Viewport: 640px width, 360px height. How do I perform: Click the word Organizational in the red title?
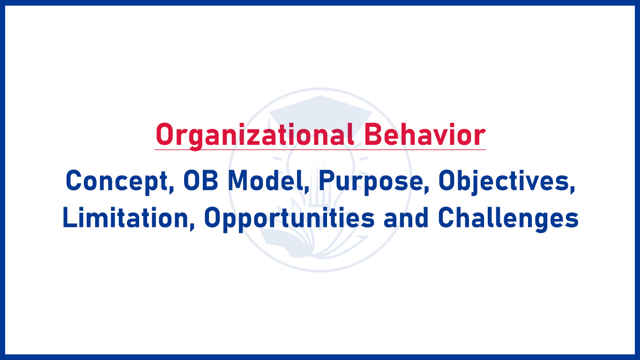pos(253,135)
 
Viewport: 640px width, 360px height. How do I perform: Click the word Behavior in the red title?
pos(424,135)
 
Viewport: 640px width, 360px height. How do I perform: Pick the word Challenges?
pos(508,218)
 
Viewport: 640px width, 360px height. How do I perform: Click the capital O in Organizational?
pos(164,135)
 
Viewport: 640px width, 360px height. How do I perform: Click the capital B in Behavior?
pos(372,135)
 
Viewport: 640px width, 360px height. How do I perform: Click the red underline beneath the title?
pos(320,150)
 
